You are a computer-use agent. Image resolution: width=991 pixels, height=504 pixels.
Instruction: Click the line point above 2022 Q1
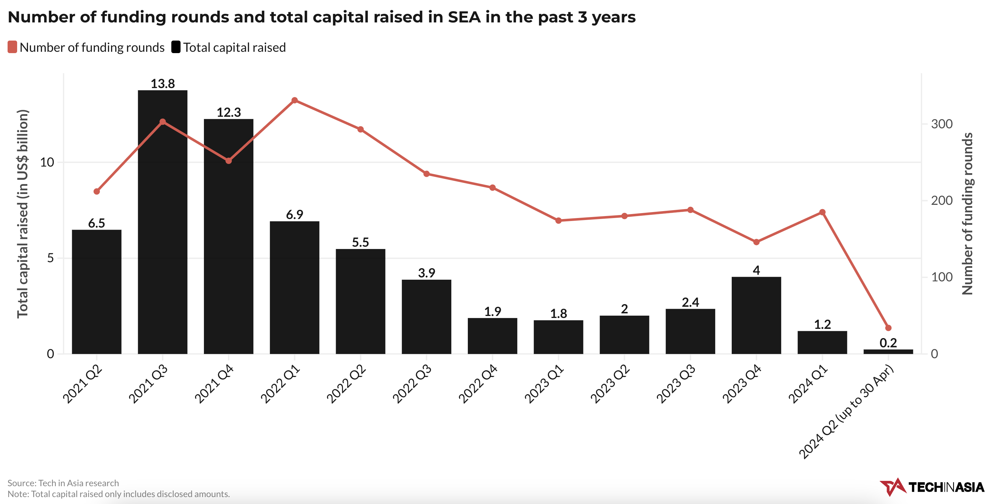(294, 101)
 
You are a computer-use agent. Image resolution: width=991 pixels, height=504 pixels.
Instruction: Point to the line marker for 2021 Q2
(97, 191)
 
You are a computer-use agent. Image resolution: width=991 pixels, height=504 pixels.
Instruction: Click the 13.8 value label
(162, 83)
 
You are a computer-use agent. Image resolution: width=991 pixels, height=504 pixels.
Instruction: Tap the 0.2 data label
(888, 343)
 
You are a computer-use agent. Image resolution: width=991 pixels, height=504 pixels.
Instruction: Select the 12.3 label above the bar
(229, 112)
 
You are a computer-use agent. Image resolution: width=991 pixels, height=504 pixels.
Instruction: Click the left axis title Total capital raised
(22, 214)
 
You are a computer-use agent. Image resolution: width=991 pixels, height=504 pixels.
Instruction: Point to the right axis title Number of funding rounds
(967, 214)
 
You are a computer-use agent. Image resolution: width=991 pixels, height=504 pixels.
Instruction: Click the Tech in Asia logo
(931, 487)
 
